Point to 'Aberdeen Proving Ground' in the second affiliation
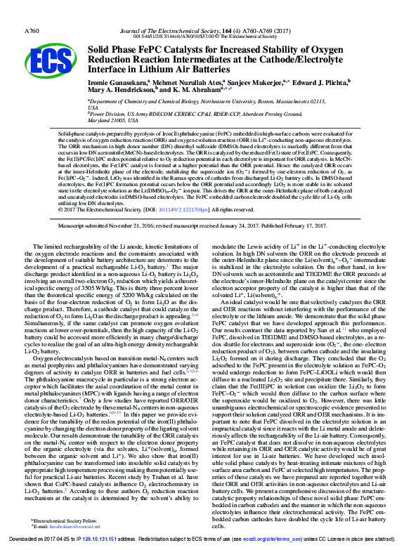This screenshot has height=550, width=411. pyautogui.click(x=320, y=114)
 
